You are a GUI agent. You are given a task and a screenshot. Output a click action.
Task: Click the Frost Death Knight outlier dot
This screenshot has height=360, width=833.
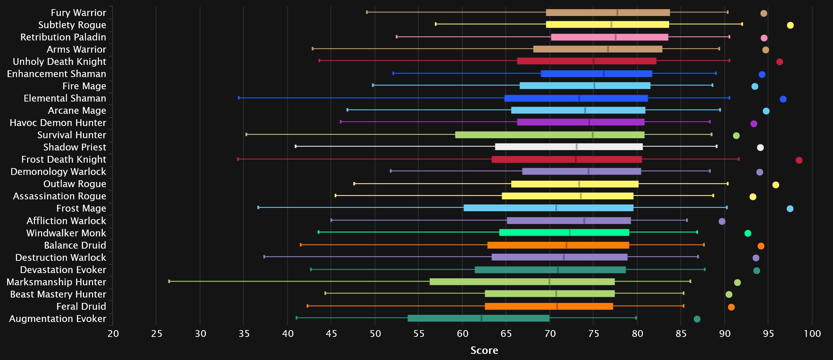click(799, 160)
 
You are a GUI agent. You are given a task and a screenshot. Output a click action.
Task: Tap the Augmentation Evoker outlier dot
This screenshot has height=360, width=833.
click(697, 319)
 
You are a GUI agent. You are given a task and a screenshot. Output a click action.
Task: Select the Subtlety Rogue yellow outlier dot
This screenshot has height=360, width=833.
click(790, 25)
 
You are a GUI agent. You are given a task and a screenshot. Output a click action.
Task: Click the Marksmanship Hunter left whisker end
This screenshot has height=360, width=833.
click(169, 281)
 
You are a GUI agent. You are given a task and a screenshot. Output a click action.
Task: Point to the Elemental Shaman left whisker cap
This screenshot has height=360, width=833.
click(239, 98)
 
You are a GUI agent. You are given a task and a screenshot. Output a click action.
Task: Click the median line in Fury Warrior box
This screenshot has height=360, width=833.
click(617, 13)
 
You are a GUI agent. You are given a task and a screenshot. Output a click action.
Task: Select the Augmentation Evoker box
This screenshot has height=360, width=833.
click(478, 318)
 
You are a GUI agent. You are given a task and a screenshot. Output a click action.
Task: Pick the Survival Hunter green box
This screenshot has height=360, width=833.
click(549, 135)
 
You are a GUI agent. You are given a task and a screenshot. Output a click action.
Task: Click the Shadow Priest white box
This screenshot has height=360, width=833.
click(569, 147)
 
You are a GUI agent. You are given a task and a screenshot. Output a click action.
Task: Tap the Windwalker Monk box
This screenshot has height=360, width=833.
click(564, 233)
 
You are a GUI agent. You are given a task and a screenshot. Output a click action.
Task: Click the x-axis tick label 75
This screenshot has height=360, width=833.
click(594, 334)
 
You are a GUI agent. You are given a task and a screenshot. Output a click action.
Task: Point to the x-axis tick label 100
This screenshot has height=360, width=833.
click(812, 334)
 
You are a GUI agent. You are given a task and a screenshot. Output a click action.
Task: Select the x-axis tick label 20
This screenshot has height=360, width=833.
click(113, 334)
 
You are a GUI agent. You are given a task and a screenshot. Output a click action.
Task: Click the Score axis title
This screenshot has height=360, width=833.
click(484, 350)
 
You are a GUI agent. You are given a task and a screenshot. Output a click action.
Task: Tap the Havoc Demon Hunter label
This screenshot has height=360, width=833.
click(58, 123)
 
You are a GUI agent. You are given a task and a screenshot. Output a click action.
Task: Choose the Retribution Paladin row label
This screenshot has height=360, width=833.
click(63, 37)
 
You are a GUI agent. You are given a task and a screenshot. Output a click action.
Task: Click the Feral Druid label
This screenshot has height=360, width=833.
click(81, 306)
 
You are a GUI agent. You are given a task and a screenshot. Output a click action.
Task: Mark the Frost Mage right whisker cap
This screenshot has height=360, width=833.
click(726, 208)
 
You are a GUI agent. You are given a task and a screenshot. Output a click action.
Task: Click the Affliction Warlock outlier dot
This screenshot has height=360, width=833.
click(722, 221)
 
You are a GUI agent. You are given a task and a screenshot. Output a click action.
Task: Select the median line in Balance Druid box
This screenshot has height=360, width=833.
click(566, 245)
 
